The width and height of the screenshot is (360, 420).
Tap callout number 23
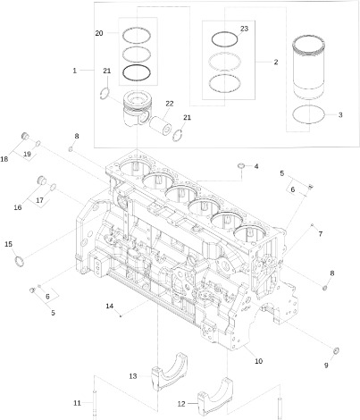coord(244,29)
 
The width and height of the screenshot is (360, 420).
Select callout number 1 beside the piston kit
coord(75,70)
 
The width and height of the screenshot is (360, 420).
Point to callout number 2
coord(275,62)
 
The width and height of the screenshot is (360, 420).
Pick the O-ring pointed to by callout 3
coord(309,114)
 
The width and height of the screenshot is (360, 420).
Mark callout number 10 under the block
coord(259,362)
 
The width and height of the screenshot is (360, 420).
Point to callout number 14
coord(110,306)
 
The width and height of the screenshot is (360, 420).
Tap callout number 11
coord(77,401)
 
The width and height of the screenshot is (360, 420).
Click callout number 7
coord(320,233)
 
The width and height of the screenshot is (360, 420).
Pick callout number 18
coord(5,159)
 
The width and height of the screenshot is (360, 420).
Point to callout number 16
coord(17,206)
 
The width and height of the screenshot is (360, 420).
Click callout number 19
coord(27,154)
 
